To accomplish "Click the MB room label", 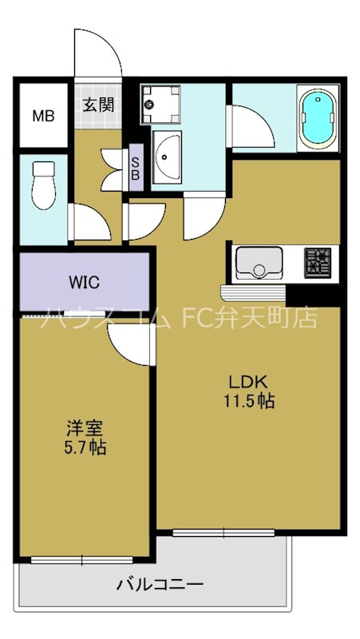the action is click(44, 116).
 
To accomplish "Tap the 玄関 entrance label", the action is click(98, 105).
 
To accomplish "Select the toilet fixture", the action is click(44, 185).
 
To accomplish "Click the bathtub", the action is click(318, 118).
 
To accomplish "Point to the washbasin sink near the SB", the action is click(167, 157).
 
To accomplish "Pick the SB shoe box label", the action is click(136, 168).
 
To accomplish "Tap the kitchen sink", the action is click(259, 263).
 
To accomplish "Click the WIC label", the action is click(85, 282).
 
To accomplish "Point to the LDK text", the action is click(247, 383).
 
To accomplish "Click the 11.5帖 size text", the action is click(248, 402).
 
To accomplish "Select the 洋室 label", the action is click(85, 429).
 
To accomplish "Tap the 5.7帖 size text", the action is click(85, 447).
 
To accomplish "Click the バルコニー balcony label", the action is click(160, 585).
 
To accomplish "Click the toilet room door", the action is click(89, 222).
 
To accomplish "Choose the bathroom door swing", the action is click(251, 126).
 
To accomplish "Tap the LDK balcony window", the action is click(224, 532).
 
